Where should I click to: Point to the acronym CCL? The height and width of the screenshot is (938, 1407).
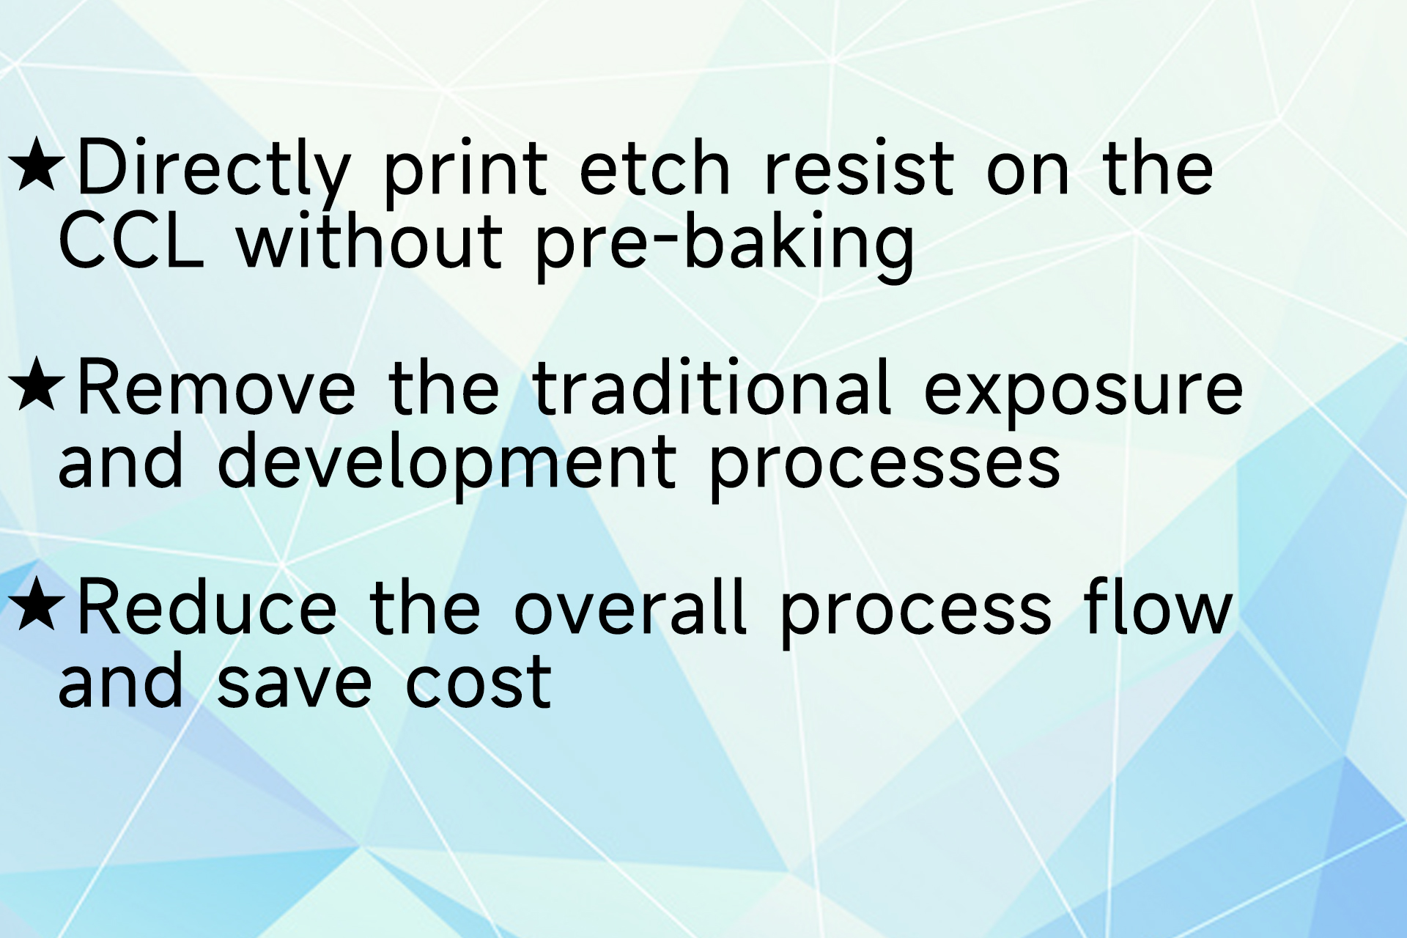pos(130,242)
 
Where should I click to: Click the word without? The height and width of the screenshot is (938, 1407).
pos(369,242)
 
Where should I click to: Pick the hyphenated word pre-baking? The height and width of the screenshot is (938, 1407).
pos(725,245)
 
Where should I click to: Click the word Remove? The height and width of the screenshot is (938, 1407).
pos(216,388)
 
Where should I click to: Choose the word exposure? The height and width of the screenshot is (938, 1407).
pos(1082,392)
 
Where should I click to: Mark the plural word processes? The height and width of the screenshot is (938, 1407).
pos(885,466)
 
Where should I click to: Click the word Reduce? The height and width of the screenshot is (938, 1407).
pos(207,608)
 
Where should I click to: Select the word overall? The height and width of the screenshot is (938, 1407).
pos(630,608)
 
